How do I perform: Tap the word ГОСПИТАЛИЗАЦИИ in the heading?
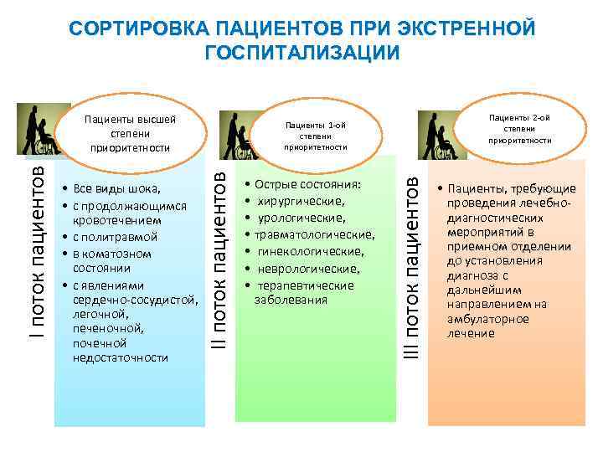point(301,52)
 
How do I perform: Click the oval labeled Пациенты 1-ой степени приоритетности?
point(314,135)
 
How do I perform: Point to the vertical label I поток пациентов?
point(35,242)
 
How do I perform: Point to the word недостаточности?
point(121,357)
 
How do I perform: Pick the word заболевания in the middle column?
point(291,299)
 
